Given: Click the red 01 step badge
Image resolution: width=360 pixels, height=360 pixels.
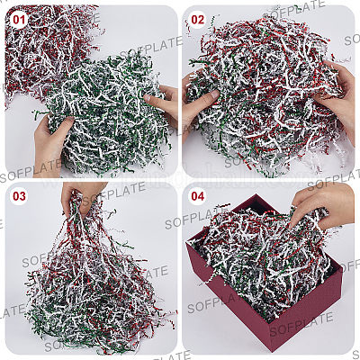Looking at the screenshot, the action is pos(19,20).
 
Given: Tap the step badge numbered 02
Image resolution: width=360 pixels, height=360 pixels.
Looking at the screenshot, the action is pos(197,20).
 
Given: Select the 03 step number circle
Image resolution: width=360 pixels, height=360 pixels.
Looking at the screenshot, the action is pos(19,196).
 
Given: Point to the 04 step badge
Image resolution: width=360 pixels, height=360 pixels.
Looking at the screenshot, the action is pos(197,196).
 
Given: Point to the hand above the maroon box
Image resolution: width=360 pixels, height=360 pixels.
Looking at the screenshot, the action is pos(322,204).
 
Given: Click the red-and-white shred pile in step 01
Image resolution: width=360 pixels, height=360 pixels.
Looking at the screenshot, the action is pos(45,45).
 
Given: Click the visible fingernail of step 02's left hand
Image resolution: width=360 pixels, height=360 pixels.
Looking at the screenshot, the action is pos(214,94).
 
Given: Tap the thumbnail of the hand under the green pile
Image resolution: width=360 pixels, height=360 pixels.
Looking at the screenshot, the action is pos(69,119).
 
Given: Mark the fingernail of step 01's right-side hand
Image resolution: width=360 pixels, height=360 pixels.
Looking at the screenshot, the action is pos(148,97).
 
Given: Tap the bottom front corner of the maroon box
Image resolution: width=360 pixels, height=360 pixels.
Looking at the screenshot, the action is pos(272,350).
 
